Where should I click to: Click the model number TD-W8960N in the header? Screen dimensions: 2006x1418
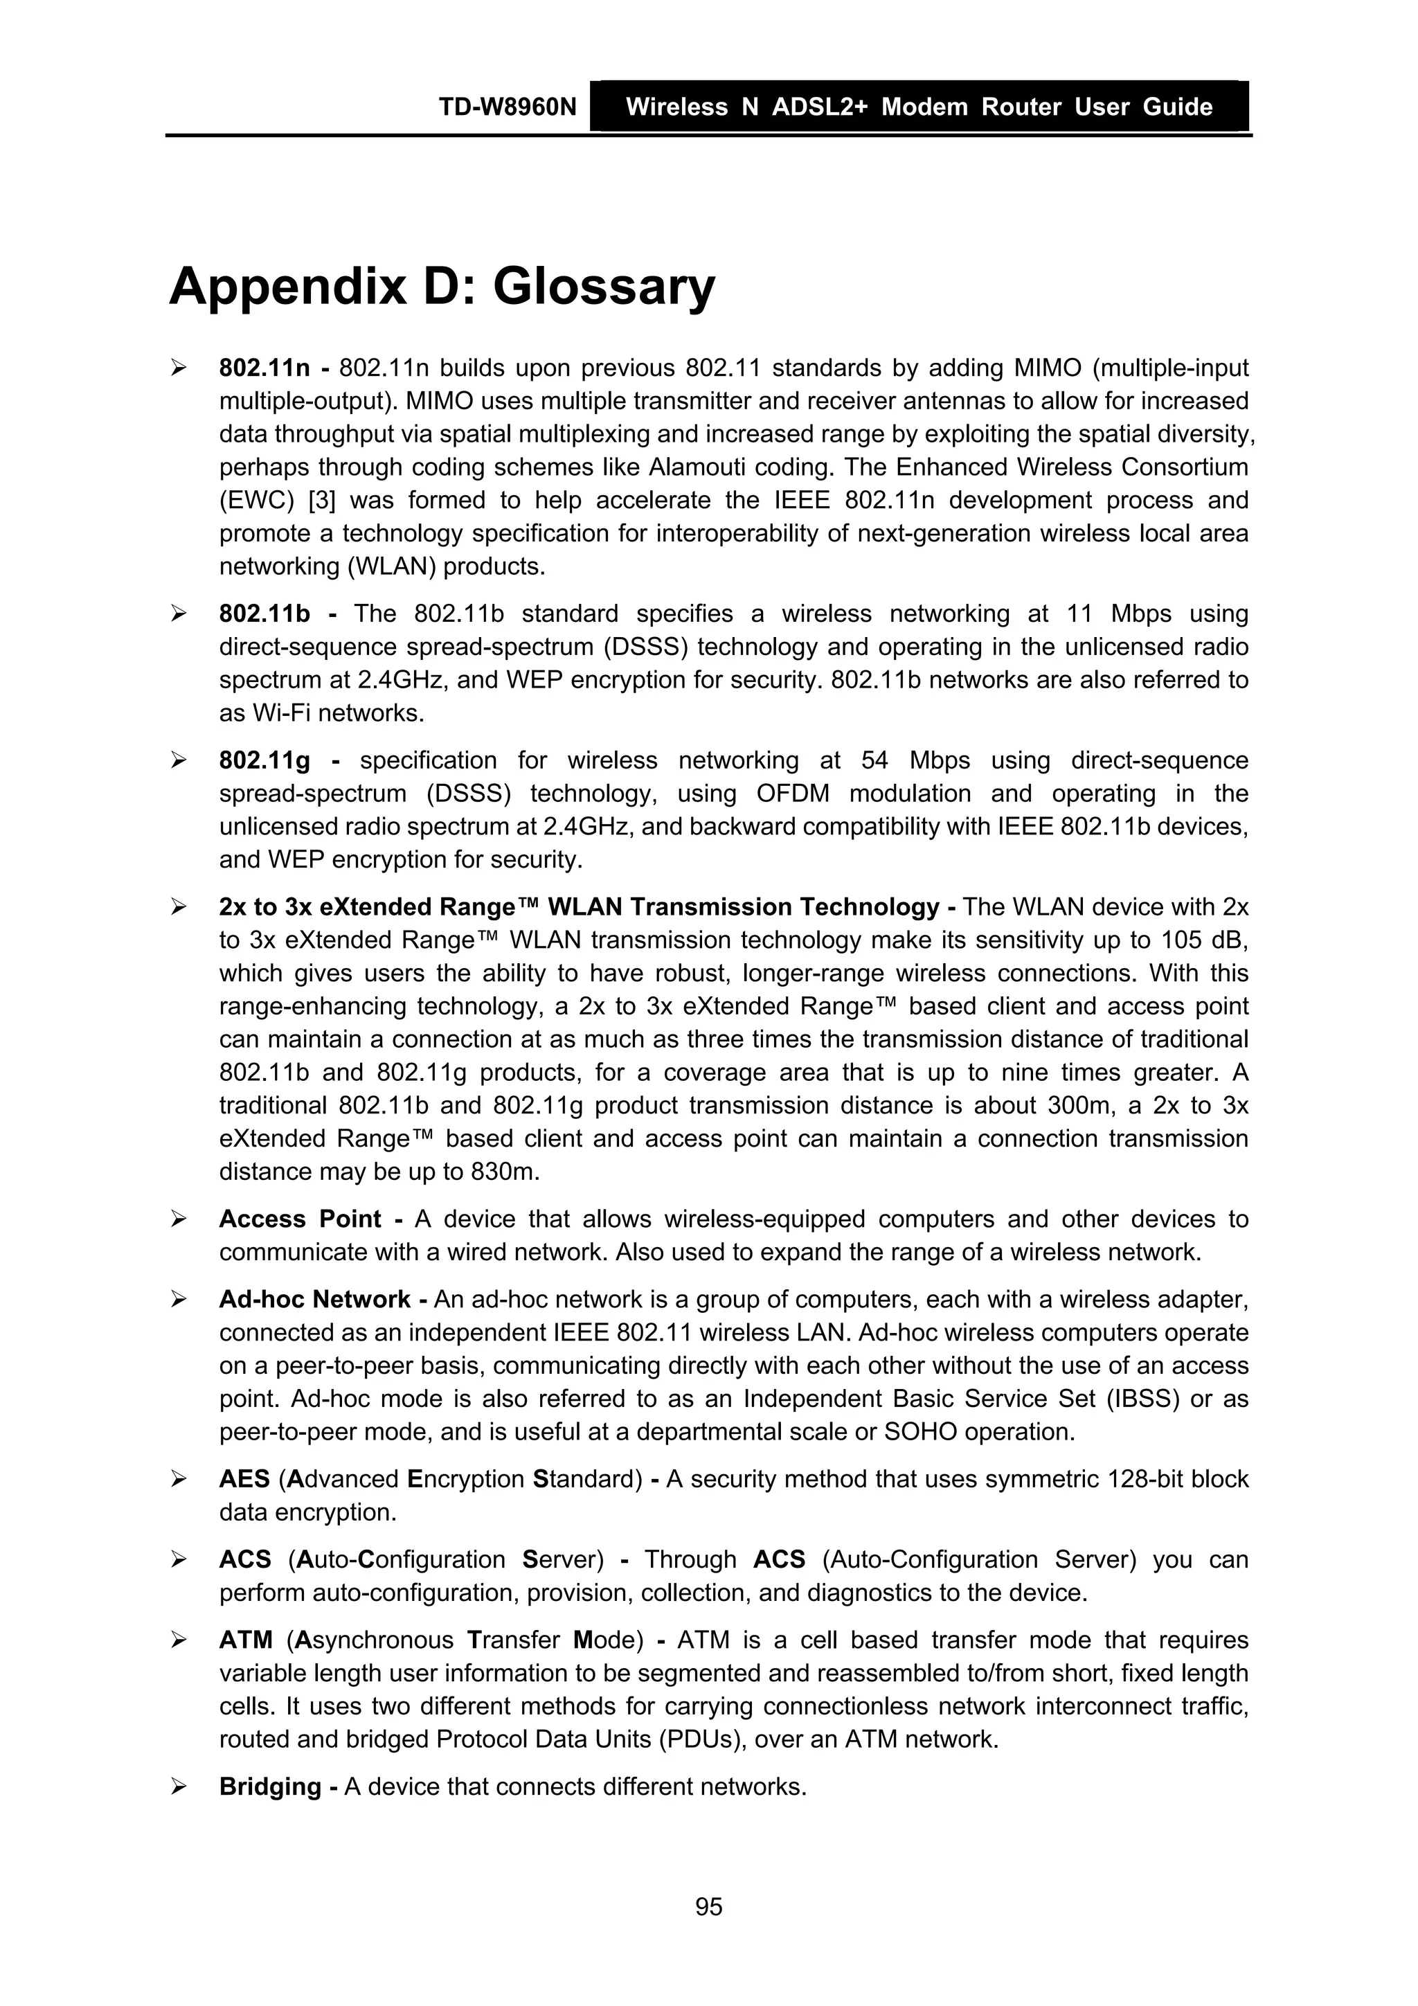(x=508, y=107)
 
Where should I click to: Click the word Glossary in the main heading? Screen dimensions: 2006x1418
(x=603, y=287)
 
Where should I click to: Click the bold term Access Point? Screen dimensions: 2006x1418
(x=300, y=1219)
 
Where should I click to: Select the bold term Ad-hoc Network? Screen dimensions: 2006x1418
(x=314, y=1299)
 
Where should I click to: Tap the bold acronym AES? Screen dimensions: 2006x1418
(x=244, y=1479)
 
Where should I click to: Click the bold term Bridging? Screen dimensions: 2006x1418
(x=271, y=1786)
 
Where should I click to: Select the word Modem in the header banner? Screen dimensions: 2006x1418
(x=924, y=107)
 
